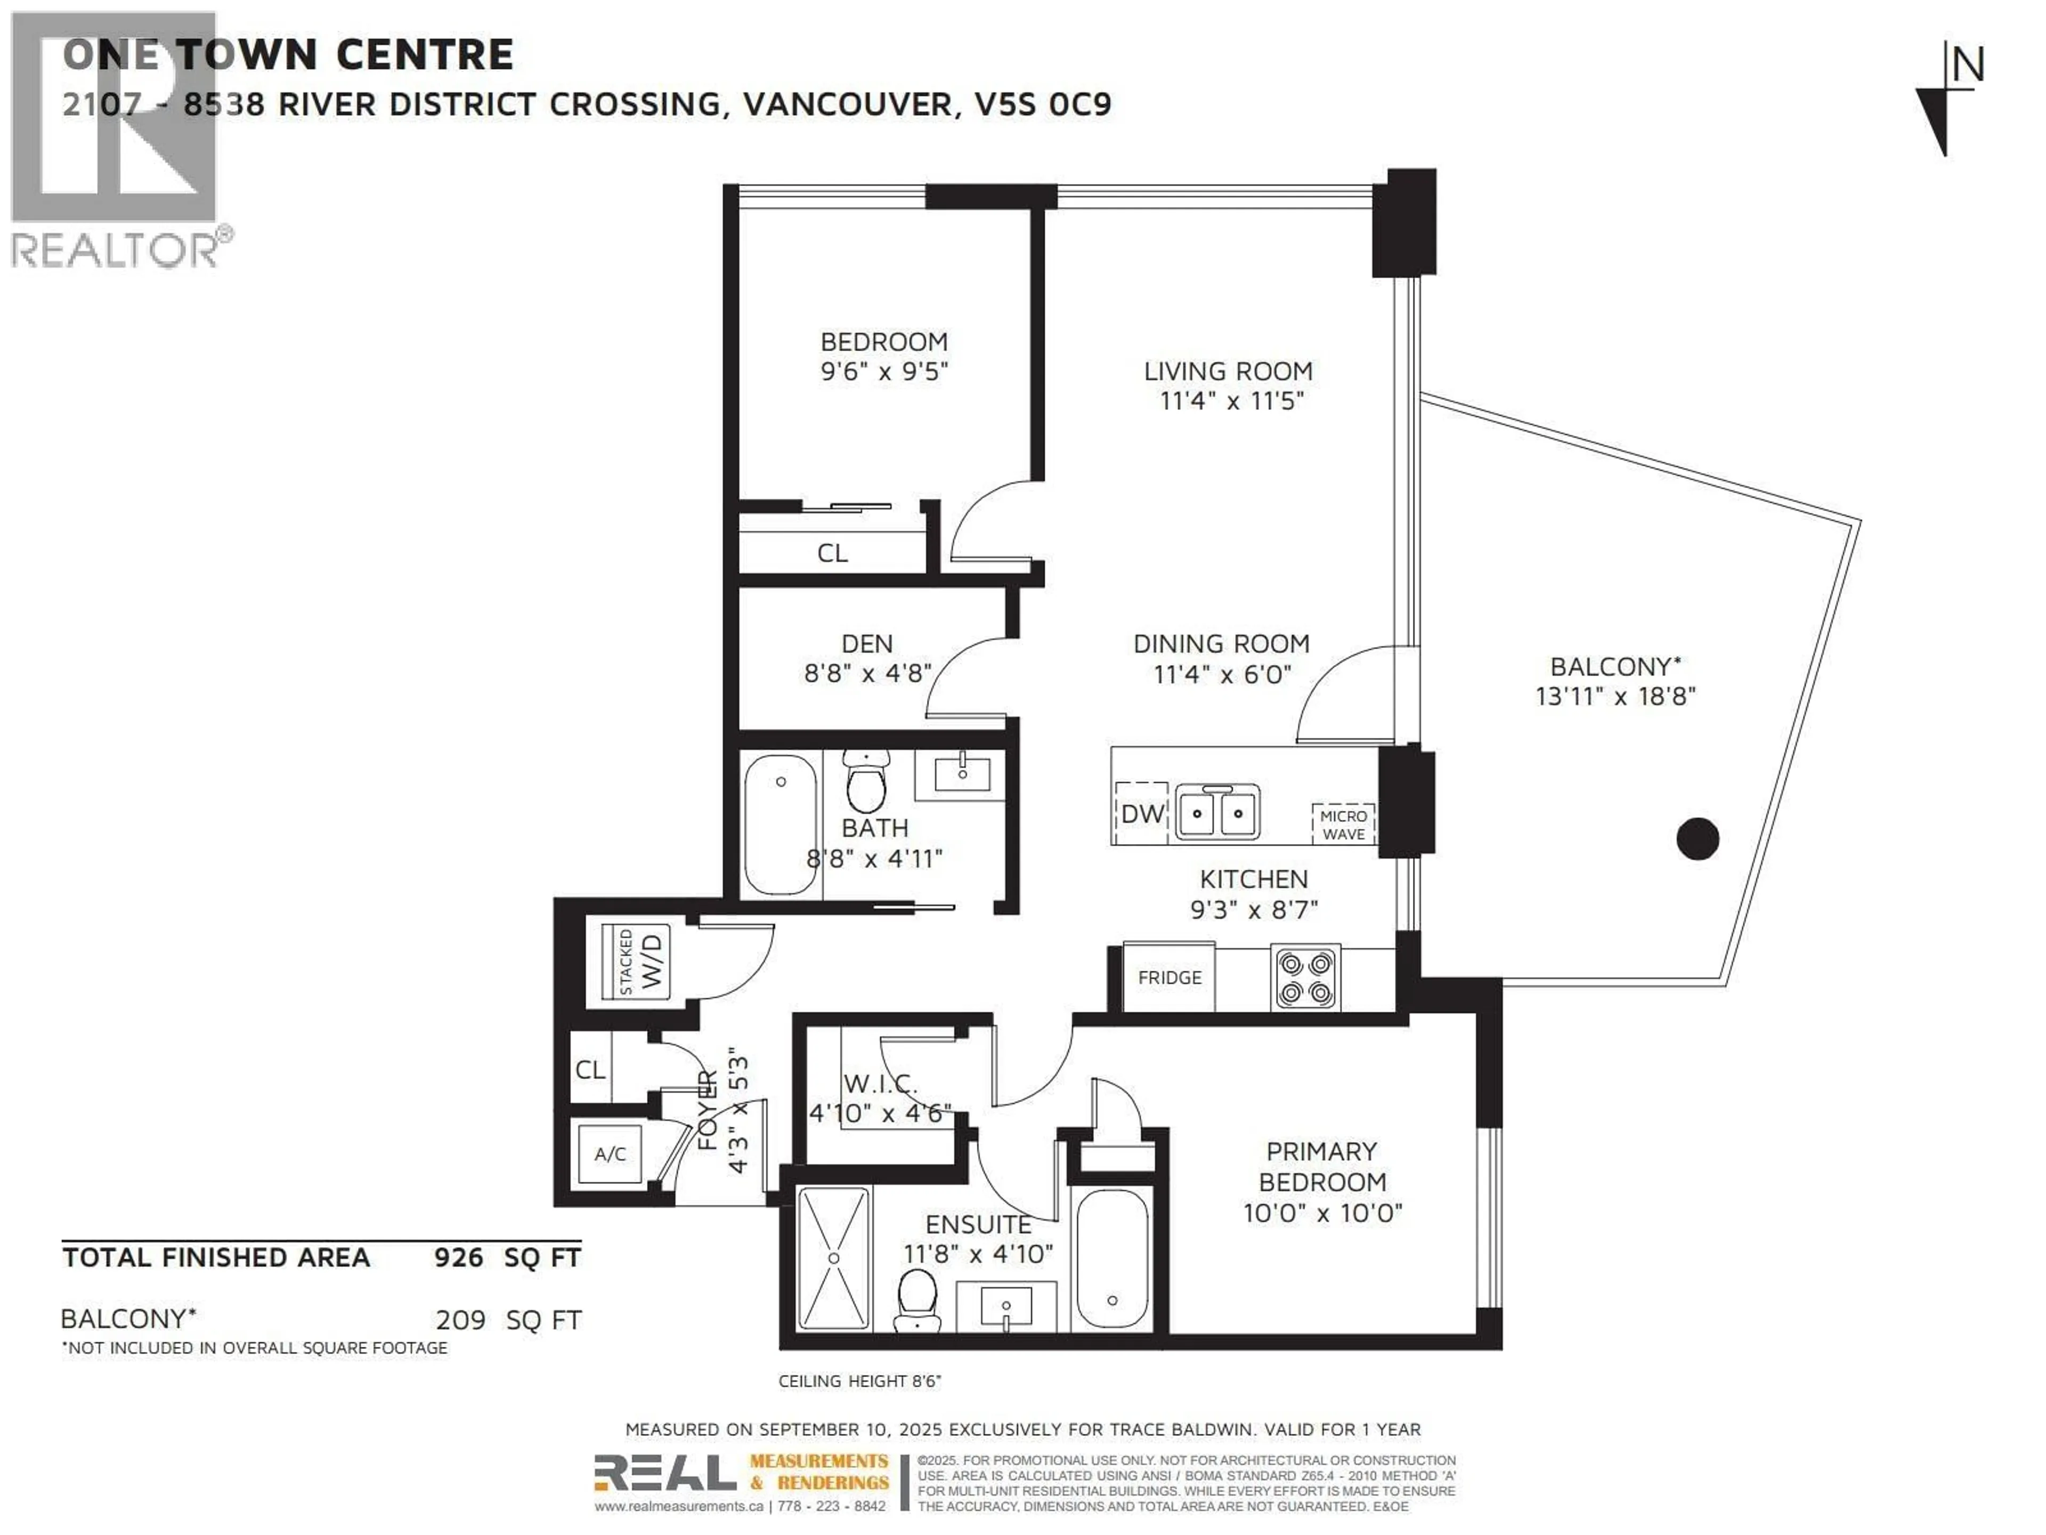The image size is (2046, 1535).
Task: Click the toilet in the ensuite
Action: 918,1300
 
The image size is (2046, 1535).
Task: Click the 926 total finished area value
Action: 459,1257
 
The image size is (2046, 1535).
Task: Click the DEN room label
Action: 867,644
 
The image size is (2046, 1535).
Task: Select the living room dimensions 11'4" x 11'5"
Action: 1231,401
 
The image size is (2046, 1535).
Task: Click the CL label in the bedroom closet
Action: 832,553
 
